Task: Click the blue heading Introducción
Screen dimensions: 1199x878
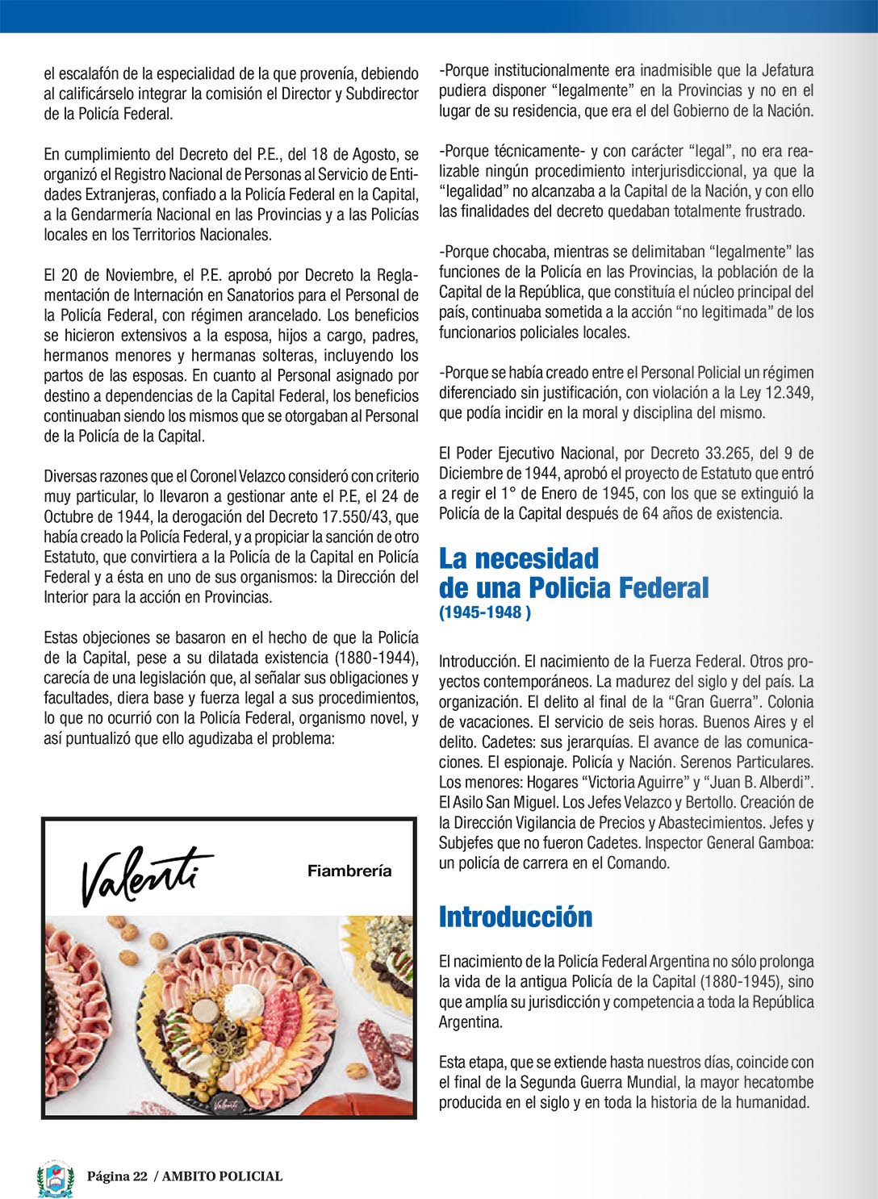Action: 516,917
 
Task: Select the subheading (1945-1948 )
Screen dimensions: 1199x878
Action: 485,612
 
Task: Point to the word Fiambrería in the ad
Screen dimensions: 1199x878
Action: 349,871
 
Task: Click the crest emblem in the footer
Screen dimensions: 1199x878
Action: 56,1178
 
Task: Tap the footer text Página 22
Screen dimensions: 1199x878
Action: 117,1176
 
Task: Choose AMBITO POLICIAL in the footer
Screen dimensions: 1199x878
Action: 222,1176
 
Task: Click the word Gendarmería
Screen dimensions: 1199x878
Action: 107,215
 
